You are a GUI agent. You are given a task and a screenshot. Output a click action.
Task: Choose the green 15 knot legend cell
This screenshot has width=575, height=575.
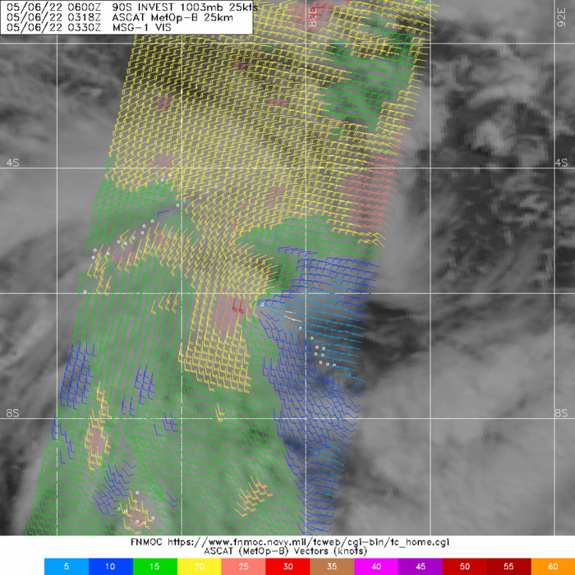point(155,567)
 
